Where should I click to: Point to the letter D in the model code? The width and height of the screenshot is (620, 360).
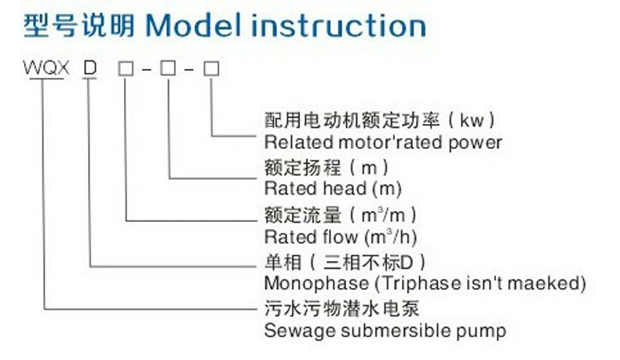pyautogui.click(x=90, y=68)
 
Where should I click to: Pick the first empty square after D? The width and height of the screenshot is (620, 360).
pyautogui.click(x=125, y=68)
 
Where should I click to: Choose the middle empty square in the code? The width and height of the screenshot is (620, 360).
pyautogui.click(x=167, y=68)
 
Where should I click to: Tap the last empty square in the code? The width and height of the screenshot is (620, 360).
pyautogui.click(x=210, y=68)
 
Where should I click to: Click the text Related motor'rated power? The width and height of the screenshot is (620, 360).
pyautogui.click(x=383, y=142)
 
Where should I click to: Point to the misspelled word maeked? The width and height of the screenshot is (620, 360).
pyautogui.click(x=560, y=282)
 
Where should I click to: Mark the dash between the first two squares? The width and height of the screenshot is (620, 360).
pyautogui.click(x=146, y=69)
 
